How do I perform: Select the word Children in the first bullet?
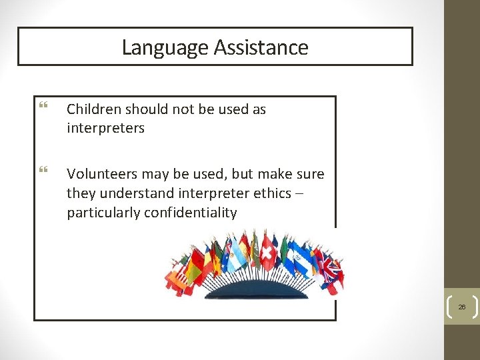click(93, 109)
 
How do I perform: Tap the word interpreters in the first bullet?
click(105, 128)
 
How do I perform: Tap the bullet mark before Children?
click(43, 107)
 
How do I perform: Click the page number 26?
click(461, 307)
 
